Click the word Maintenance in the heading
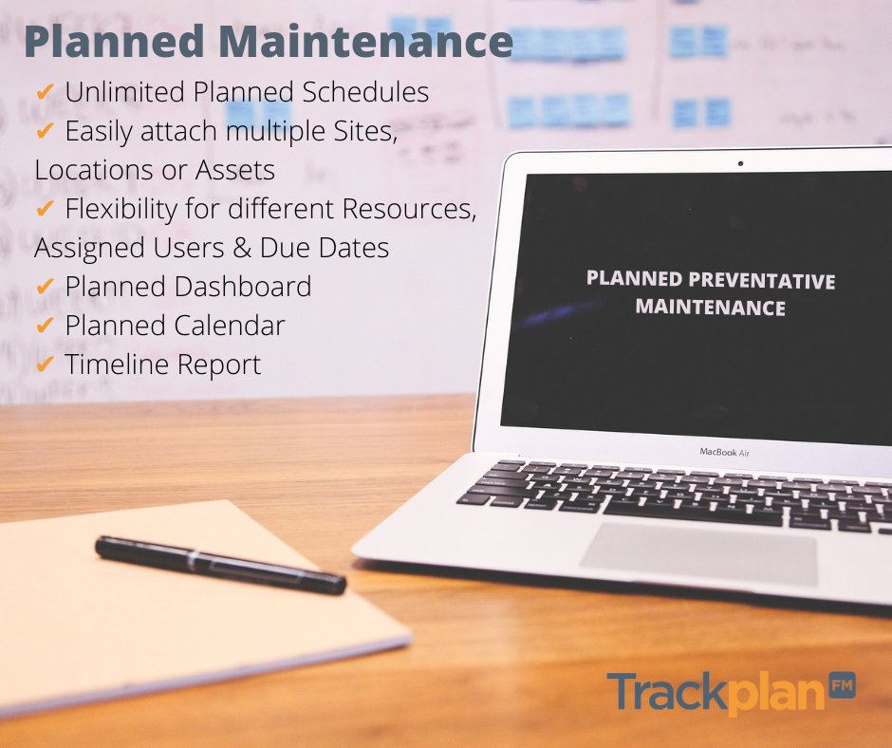pos(366,43)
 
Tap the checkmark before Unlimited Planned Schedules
pos(44,92)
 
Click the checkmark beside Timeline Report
pos(44,364)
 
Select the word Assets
pos(235,170)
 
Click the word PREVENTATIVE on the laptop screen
pos(765,281)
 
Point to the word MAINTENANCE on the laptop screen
pos(710,308)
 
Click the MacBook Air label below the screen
pos(725,452)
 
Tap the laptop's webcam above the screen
pos(740,163)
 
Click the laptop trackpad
pos(698,553)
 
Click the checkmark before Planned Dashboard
pos(44,286)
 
